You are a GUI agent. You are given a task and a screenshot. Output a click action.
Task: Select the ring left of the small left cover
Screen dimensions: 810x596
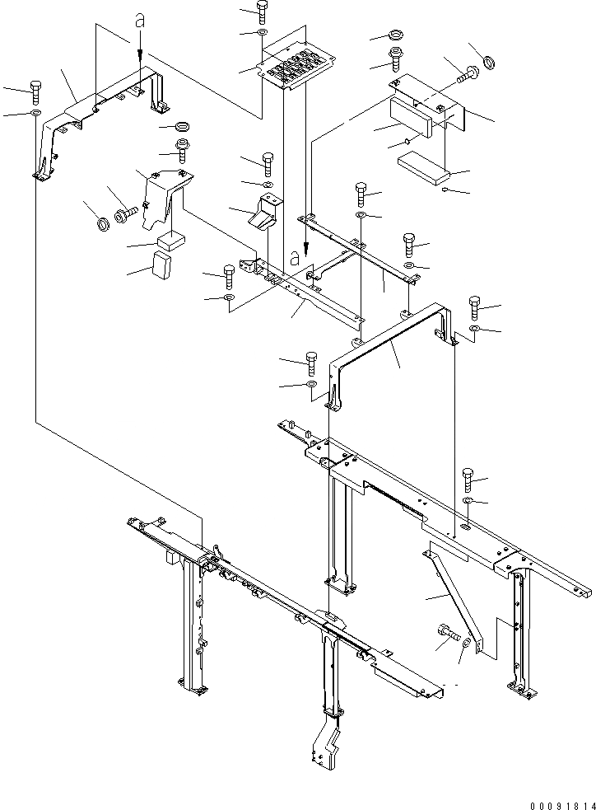click(103, 225)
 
